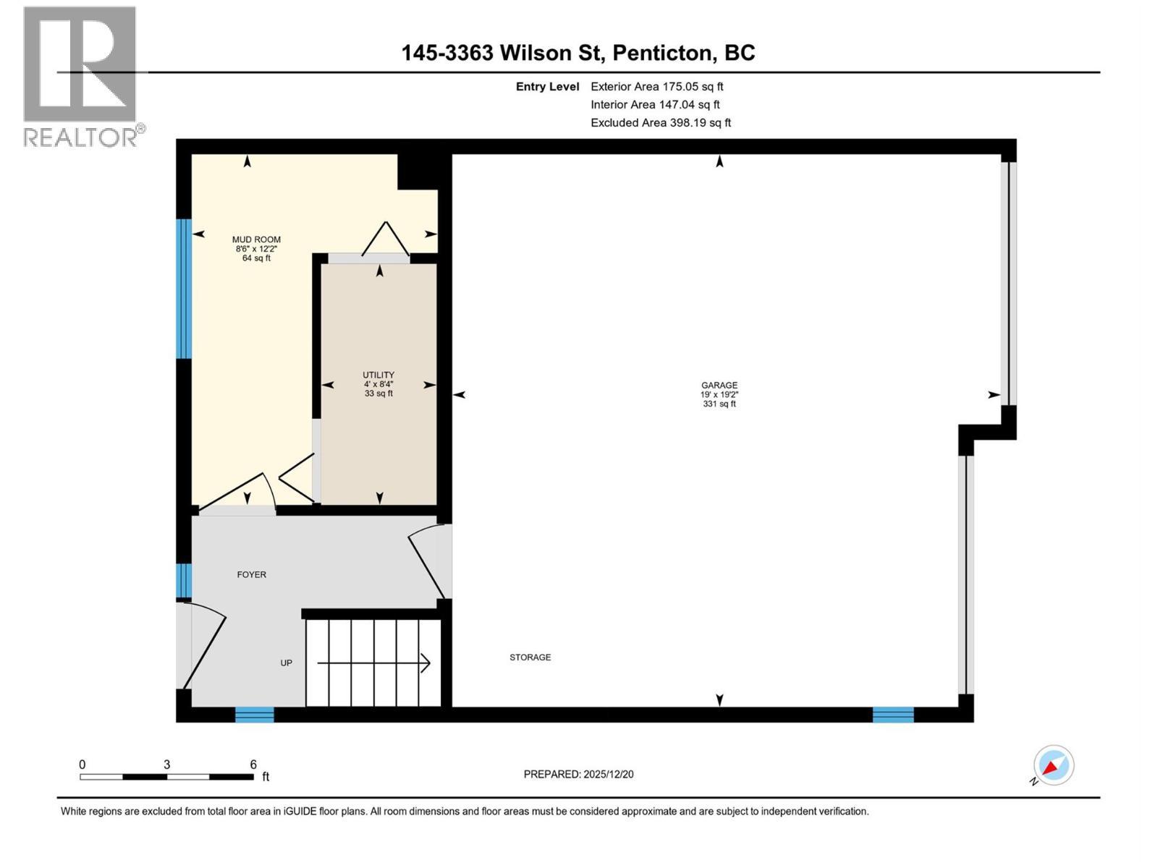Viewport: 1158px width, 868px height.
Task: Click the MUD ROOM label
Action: click(256, 239)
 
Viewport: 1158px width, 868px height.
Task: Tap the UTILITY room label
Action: click(379, 375)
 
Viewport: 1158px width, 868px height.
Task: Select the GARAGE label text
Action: click(719, 386)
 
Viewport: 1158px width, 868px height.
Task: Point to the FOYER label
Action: click(252, 575)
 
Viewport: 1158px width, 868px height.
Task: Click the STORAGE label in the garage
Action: click(530, 658)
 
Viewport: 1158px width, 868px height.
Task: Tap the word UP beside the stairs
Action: click(287, 663)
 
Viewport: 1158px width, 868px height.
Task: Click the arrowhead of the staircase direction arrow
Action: click(426, 663)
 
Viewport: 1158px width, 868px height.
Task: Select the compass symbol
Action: click(1053, 765)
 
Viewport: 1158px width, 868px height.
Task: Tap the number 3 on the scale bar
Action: click(167, 765)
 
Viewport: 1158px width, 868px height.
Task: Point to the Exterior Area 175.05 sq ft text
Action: click(656, 87)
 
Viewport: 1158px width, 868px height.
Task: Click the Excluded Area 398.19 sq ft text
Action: click(660, 123)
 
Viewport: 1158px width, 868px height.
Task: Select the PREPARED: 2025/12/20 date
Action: click(578, 775)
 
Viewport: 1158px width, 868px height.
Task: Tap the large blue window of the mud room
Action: click(184, 289)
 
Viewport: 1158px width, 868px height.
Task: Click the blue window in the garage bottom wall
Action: click(892, 715)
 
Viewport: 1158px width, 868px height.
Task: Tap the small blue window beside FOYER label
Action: click(184, 581)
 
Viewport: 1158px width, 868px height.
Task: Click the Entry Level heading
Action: click(547, 87)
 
